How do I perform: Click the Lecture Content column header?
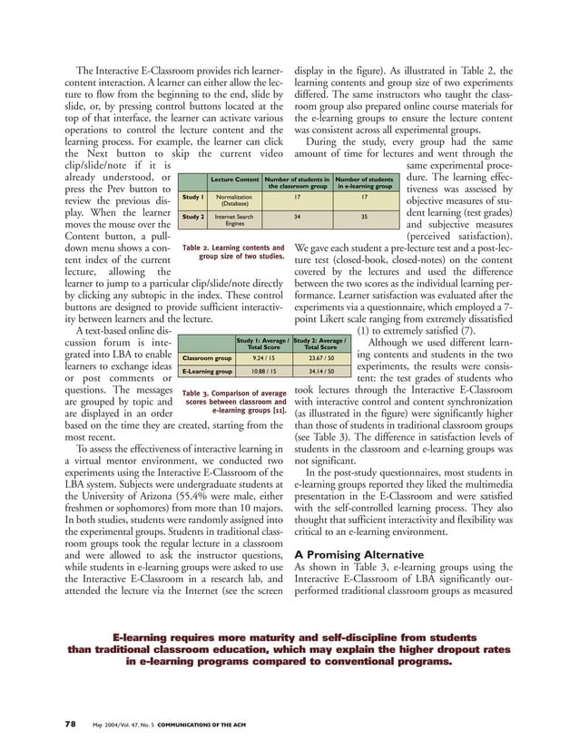[234, 180]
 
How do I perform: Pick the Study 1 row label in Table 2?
[192, 196]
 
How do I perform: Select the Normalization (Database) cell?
[234, 199]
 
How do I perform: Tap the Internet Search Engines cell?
[234, 220]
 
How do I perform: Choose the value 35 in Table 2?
[365, 218]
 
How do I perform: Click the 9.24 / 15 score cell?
[263, 356]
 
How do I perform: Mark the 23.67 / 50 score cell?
[319, 356]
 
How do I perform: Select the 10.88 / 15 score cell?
[263, 372]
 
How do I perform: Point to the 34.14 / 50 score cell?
[319, 372]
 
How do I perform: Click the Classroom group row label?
[205, 356]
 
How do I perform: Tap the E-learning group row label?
[205, 372]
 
